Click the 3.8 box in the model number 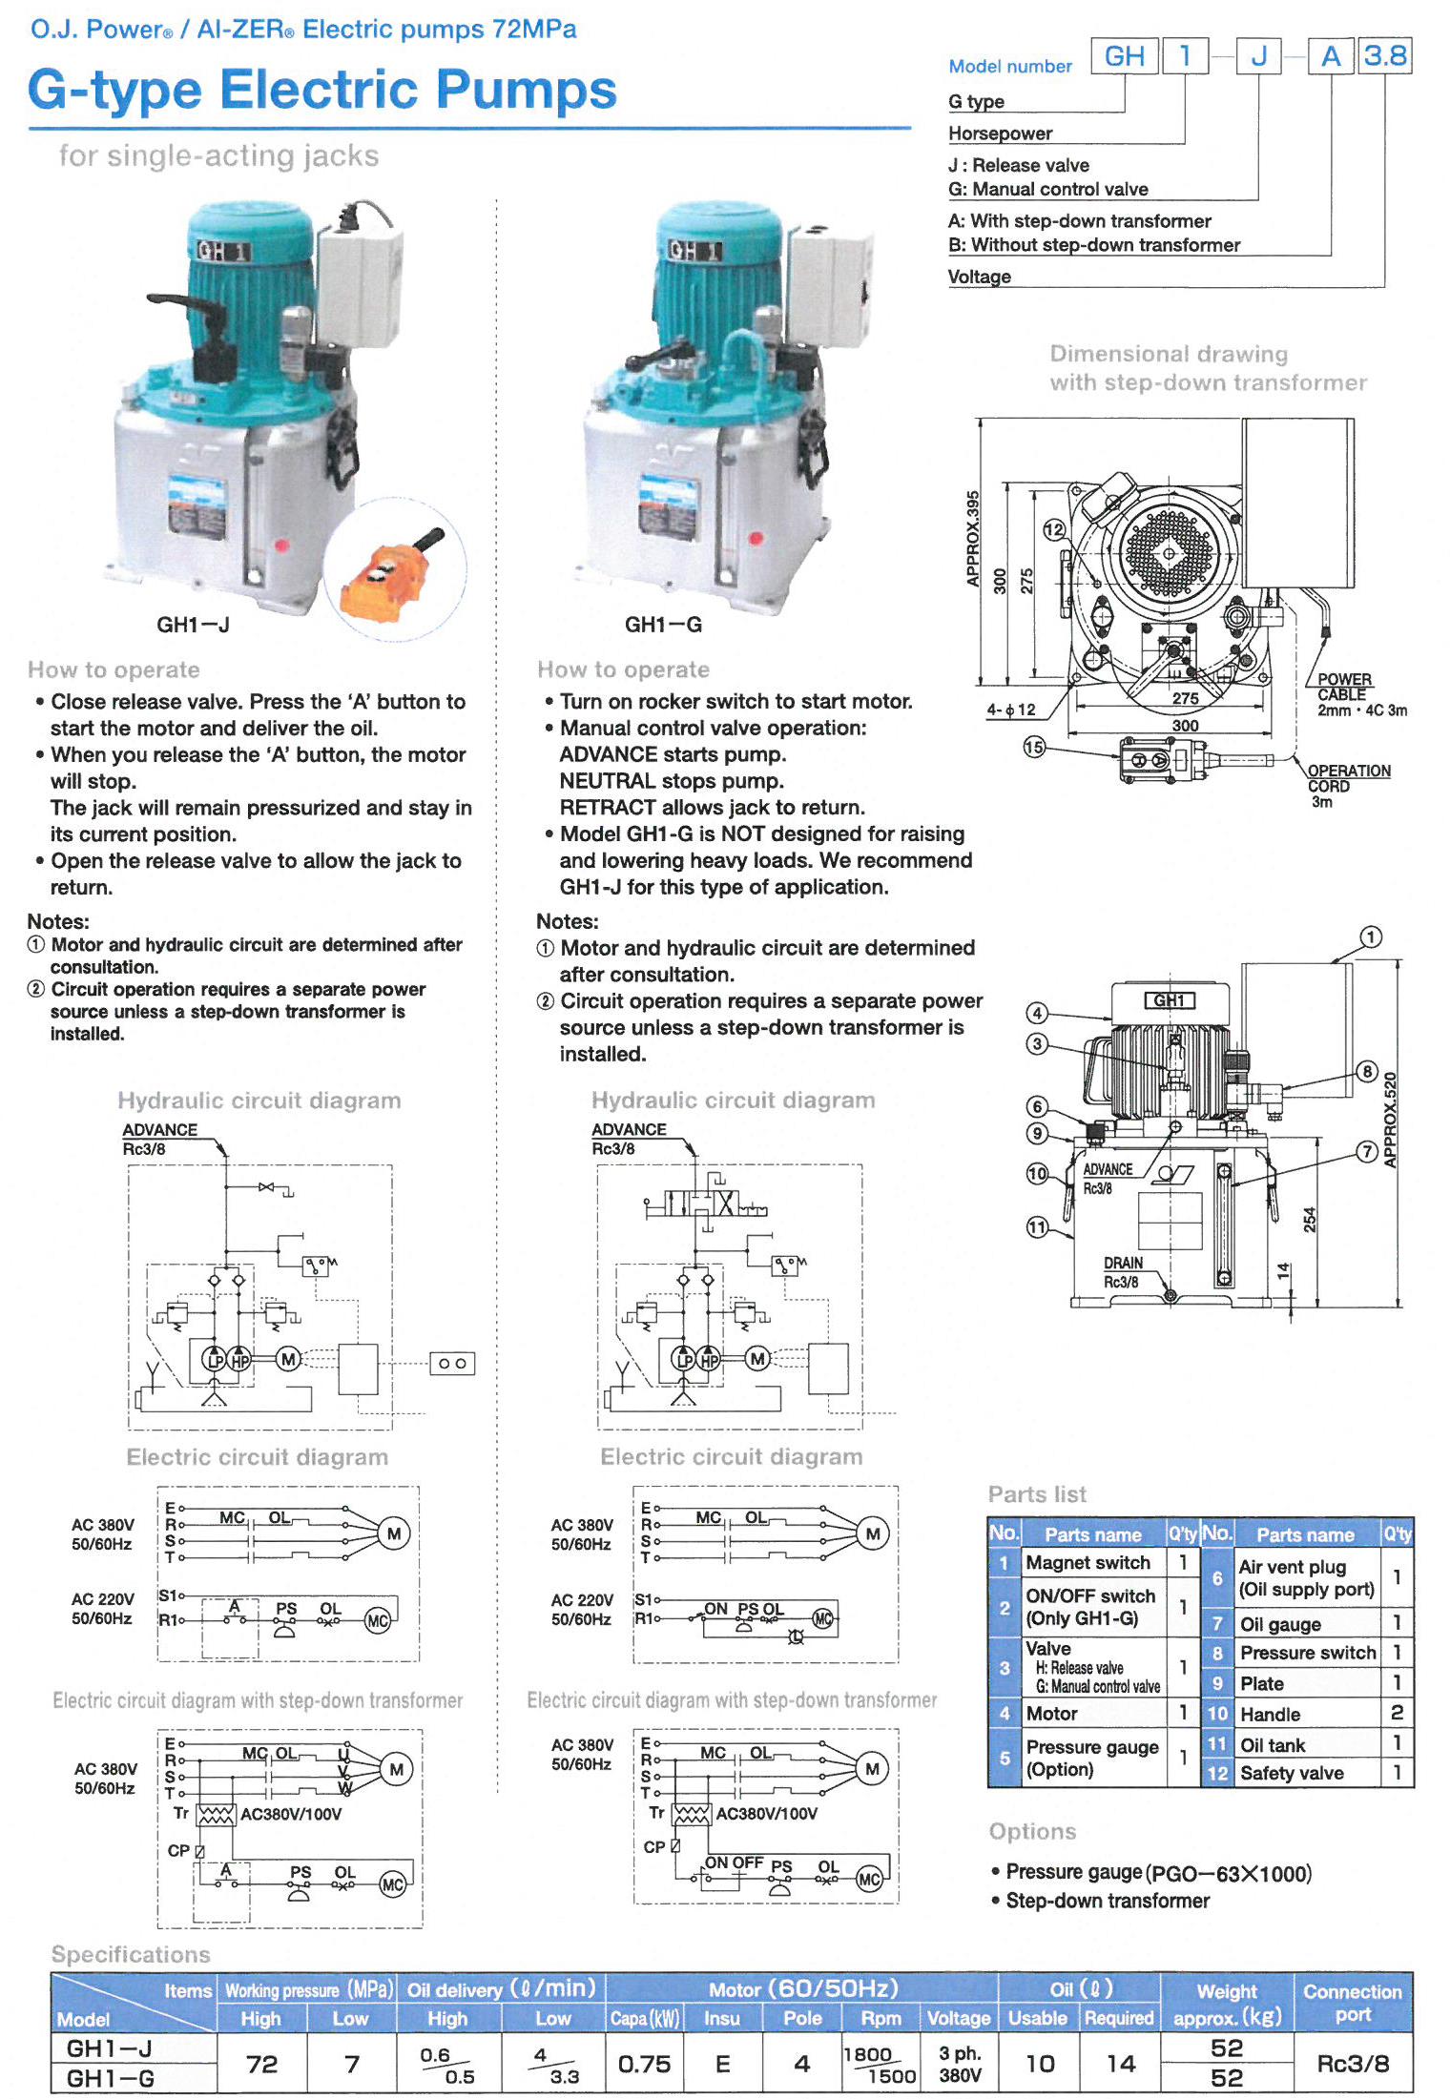point(1384,56)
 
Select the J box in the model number point(1259,56)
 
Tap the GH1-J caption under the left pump point(193,625)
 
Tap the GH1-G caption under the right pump point(663,625)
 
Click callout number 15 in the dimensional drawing point(1034,747)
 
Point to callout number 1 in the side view point(1370,936)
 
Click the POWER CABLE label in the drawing point(1343,687)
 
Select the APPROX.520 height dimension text point(1390,1120)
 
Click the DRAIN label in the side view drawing point(1123,1263)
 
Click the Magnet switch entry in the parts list point(1087,1562)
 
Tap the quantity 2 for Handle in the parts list point(1397,1713)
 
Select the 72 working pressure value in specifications point(261,2064)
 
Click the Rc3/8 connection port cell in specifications point(1352,2064)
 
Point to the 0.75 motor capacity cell point(644,2064)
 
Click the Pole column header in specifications point(802,2018)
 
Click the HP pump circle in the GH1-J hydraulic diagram point(239,1360)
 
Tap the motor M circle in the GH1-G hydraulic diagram point(757,1358)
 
